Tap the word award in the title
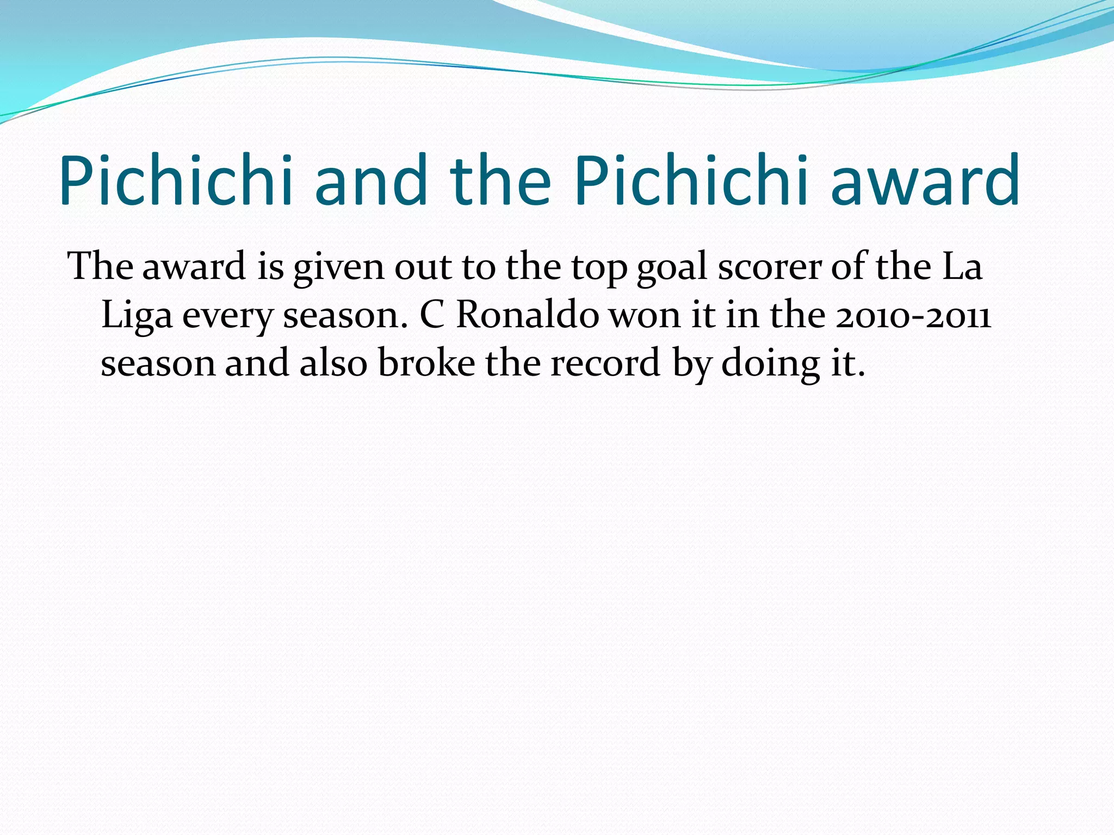[925, 180]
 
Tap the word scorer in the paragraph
[769, 267]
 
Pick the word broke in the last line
[426, 363]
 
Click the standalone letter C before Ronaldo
[432, 315]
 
